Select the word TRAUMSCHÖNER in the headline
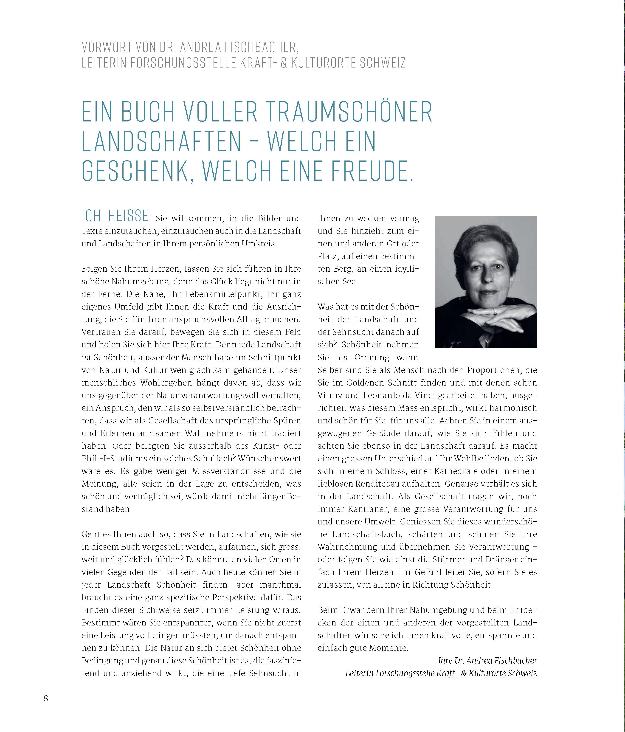pyautogui.click(x=348, y=112)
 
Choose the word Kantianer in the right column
pyautogui.click(x=360, y=509)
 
